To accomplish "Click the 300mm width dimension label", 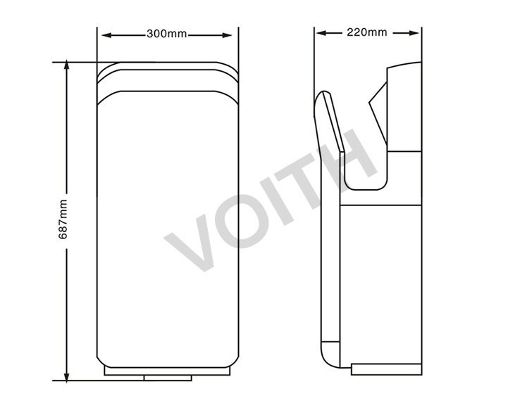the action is click(x=166, y=34).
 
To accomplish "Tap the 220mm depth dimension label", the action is click(x=367, y=32).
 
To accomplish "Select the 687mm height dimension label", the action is click(x=63, y=219).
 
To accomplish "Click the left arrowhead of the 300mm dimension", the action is click(x=106, y=35).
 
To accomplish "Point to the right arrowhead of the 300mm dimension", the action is click(x=227, y=35).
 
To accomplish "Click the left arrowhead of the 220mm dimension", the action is click(x=321, y=33).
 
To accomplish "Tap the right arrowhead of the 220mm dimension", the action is click(x=414, y=33).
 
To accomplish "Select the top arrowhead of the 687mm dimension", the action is click(x=66, y=65).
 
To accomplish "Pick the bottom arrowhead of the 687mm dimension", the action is click(x=66, y=377).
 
